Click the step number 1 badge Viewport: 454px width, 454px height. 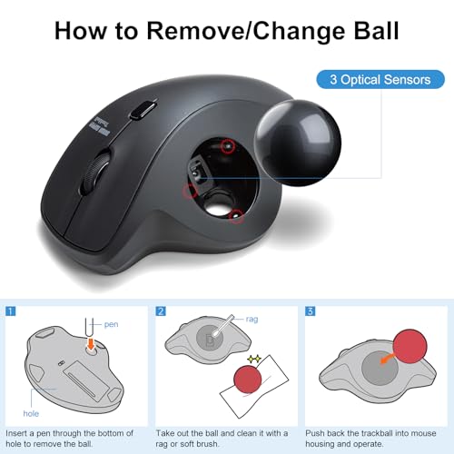(11, 311)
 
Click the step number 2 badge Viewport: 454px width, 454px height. (161, 311)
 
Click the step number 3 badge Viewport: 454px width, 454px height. (311, 311)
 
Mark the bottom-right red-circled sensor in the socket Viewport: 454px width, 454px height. (237, 215)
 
